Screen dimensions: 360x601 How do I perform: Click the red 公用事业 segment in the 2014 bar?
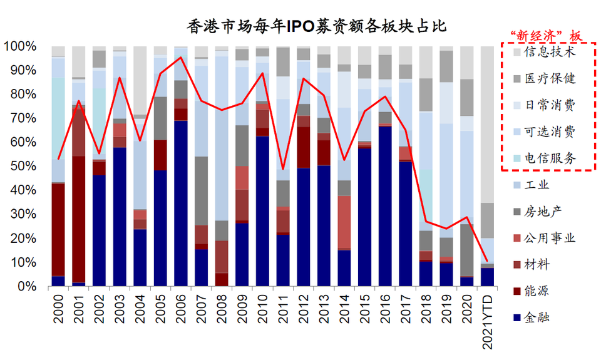point(344,222)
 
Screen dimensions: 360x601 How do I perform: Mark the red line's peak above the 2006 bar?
point(181,58)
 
